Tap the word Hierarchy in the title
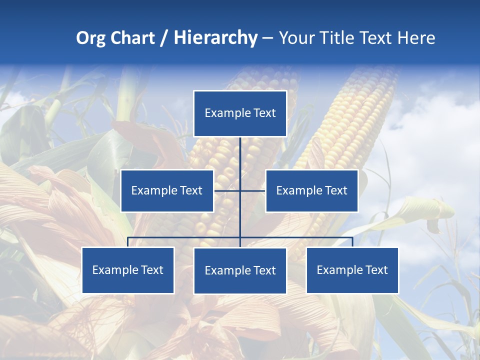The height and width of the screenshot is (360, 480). (x=215, y=38)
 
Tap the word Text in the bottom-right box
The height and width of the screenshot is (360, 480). (x=375, y=270)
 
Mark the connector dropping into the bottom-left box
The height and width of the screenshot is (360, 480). (x=128, y=242)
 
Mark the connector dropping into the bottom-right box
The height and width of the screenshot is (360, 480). (x=352, y=242)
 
